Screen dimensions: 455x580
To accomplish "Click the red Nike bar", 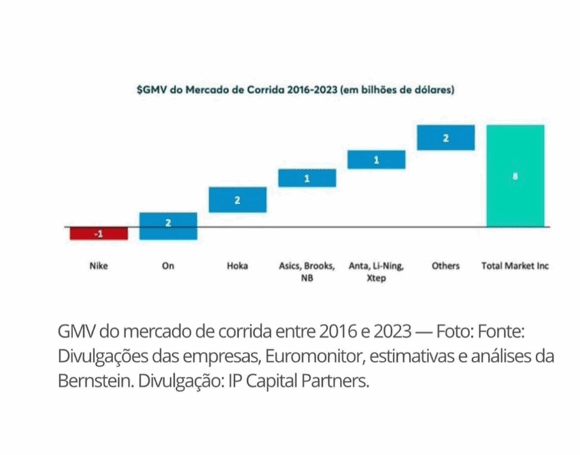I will pyautogui.click(x=99, y=233).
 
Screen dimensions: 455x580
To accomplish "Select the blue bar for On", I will pyautogui.click(x=168, y=226).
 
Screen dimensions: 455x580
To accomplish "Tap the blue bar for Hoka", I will pyautogui.click(x=237, y=200).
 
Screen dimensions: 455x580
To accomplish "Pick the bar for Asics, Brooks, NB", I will pyautogui.click(x=306, y=178).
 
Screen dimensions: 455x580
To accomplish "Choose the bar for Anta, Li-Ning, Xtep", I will pyautogui.click(x=376, y=160).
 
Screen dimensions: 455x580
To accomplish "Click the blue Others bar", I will pyautogui.click(x=446, y=138).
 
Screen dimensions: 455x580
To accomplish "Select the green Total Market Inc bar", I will pyautogui.click(x=515, y=175).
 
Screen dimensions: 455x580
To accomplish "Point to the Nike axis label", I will pyautogui.click(x=98, y=266).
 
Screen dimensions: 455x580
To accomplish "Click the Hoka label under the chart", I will pyautogui.click(x=237, y=266).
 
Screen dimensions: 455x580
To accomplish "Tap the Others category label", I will pyautogui.click(x=446, y=266).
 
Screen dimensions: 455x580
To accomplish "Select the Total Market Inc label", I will pyautogui.click(x=515, y=266).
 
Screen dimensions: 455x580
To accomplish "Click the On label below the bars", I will pyautogui.click(x=168, y=266).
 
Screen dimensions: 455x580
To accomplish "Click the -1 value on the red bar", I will pyautogui.click(x=98, y=234).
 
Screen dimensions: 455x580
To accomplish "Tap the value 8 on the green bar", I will pyautogui.click(x=515, y=176).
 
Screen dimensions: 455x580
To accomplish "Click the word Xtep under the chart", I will pyautogui.click(x=376, y=278).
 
